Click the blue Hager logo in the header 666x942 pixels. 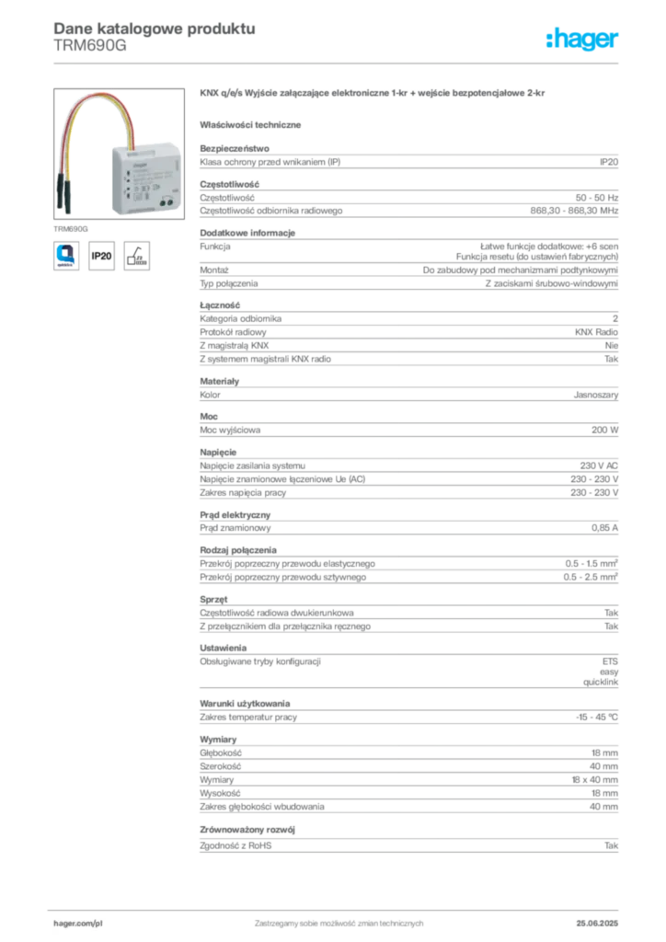(583, 40)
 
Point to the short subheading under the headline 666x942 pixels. (253, 123)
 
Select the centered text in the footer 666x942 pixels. (337, 916)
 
